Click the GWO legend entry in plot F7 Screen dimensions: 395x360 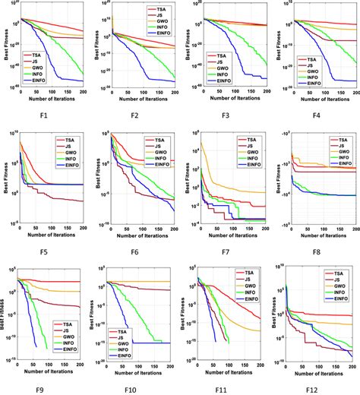tap(252, 155)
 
